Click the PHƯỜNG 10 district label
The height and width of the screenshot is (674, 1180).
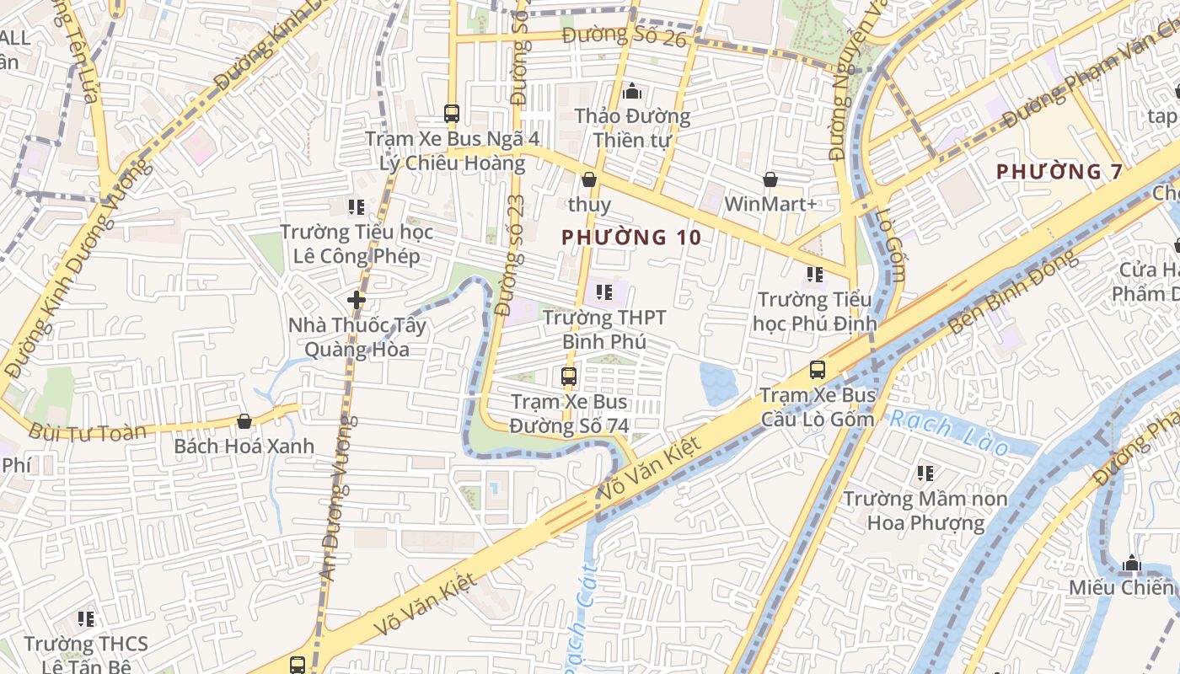point(631,238)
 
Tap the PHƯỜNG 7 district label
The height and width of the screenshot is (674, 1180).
point(1059,172)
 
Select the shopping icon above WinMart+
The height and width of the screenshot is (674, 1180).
point(770,179)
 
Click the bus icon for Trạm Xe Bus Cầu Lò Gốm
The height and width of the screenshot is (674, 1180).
point(817,369)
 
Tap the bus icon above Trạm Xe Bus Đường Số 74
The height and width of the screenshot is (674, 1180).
point(569,377)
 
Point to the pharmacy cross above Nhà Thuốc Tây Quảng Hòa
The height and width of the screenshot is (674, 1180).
point(356,299)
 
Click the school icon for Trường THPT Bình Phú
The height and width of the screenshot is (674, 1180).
point(603,292)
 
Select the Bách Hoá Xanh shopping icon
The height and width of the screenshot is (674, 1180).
point(244,421)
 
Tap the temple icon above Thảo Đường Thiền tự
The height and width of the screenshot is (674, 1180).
point(632,91)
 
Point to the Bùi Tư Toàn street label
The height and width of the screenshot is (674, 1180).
point(87,433)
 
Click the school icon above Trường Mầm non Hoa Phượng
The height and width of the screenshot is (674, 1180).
point(925,474)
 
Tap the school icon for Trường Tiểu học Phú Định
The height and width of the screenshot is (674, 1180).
point(814,274)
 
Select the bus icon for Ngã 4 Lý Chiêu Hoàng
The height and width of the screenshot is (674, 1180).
point(452,113)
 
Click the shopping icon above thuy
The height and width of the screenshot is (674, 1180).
point(589,179)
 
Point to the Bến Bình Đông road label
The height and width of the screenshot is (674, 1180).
point(1011,291)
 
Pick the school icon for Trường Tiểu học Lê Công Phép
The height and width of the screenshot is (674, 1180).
point(356,206)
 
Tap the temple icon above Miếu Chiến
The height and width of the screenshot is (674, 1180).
point(1131,563)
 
